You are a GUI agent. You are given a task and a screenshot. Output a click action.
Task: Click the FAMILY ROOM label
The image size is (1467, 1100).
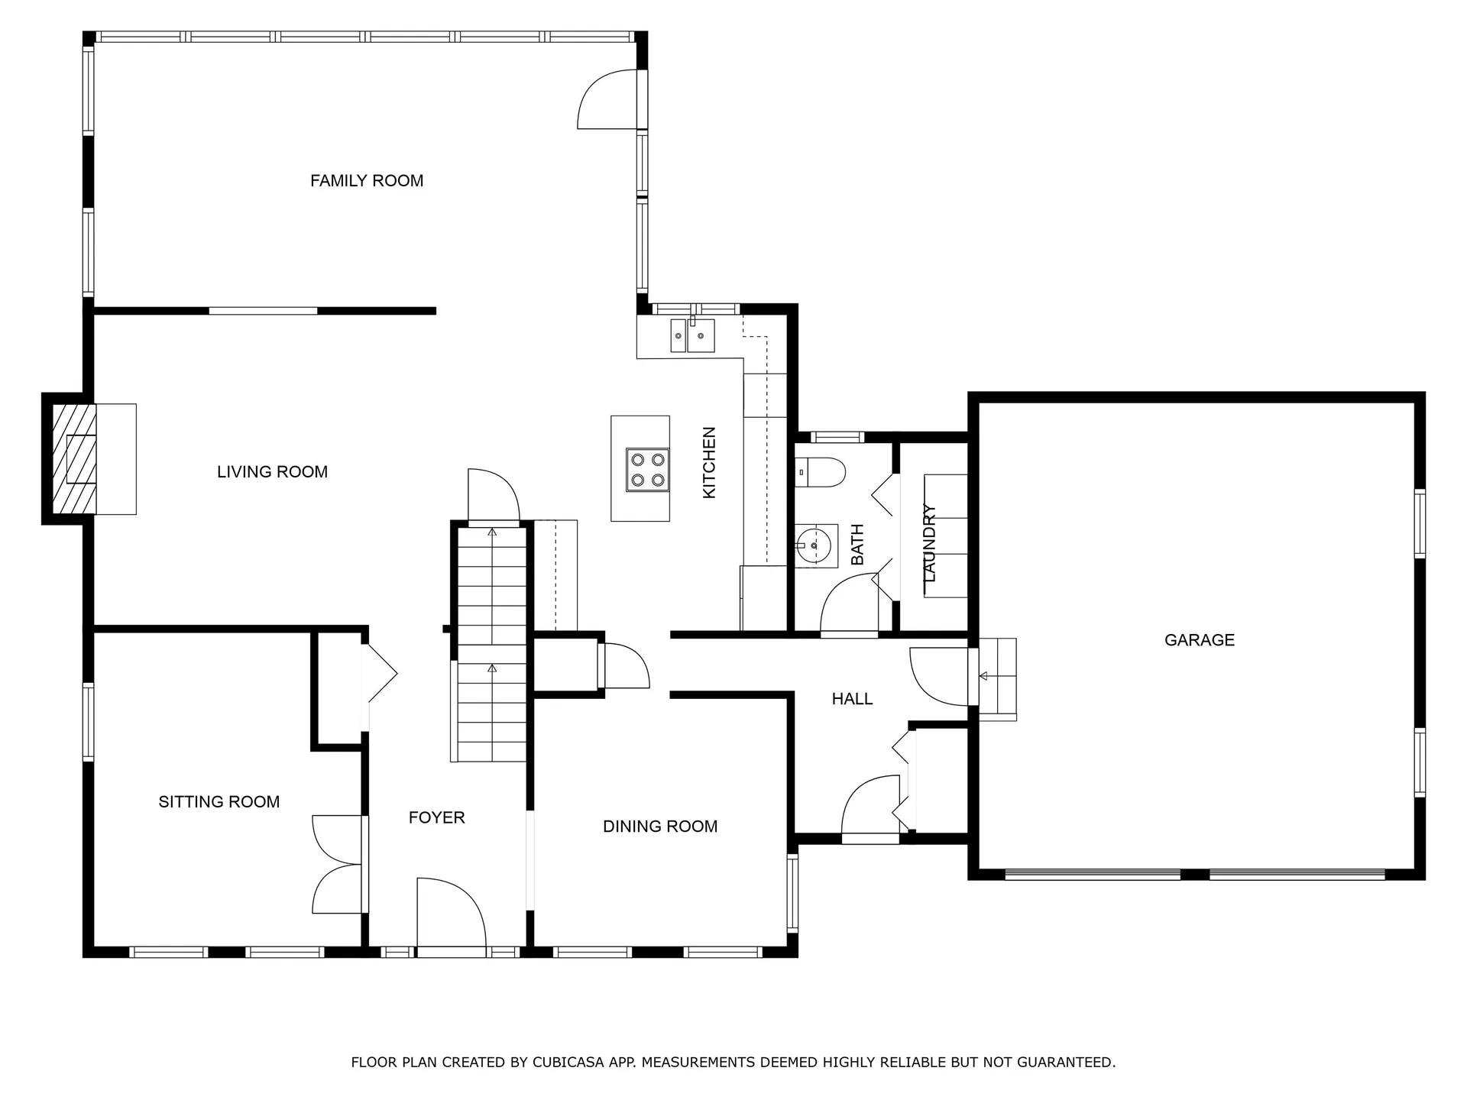coord(367,181)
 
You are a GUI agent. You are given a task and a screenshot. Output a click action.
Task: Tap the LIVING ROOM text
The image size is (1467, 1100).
coord(272,472)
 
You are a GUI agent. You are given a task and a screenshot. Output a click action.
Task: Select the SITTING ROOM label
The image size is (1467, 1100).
coord(219,802)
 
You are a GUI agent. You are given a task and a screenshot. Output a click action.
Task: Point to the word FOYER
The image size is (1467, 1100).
coord(436,818)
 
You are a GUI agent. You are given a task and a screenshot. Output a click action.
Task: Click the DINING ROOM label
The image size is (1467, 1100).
coord(660,827)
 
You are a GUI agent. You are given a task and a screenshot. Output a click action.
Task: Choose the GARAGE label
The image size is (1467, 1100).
coord(1200,640)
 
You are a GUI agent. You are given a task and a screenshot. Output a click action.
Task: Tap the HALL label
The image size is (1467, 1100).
coord(852,699)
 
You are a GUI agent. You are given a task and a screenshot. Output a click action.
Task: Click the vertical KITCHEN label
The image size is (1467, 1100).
coord(709,463)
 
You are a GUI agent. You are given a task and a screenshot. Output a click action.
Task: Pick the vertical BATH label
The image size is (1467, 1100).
coord(857,545)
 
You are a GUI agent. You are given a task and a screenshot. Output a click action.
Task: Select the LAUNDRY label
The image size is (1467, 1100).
coord(929,543)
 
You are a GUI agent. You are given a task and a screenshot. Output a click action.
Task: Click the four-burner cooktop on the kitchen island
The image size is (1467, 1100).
coord(648,470)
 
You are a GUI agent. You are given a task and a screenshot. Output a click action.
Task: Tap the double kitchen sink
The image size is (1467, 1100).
coord(692,335)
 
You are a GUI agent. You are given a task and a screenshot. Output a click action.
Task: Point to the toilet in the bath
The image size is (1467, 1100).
coord(820,473)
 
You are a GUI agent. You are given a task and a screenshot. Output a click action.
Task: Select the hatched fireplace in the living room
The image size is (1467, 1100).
coord(74,458)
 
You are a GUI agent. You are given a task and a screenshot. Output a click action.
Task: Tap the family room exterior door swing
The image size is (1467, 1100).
coord(607,99)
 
